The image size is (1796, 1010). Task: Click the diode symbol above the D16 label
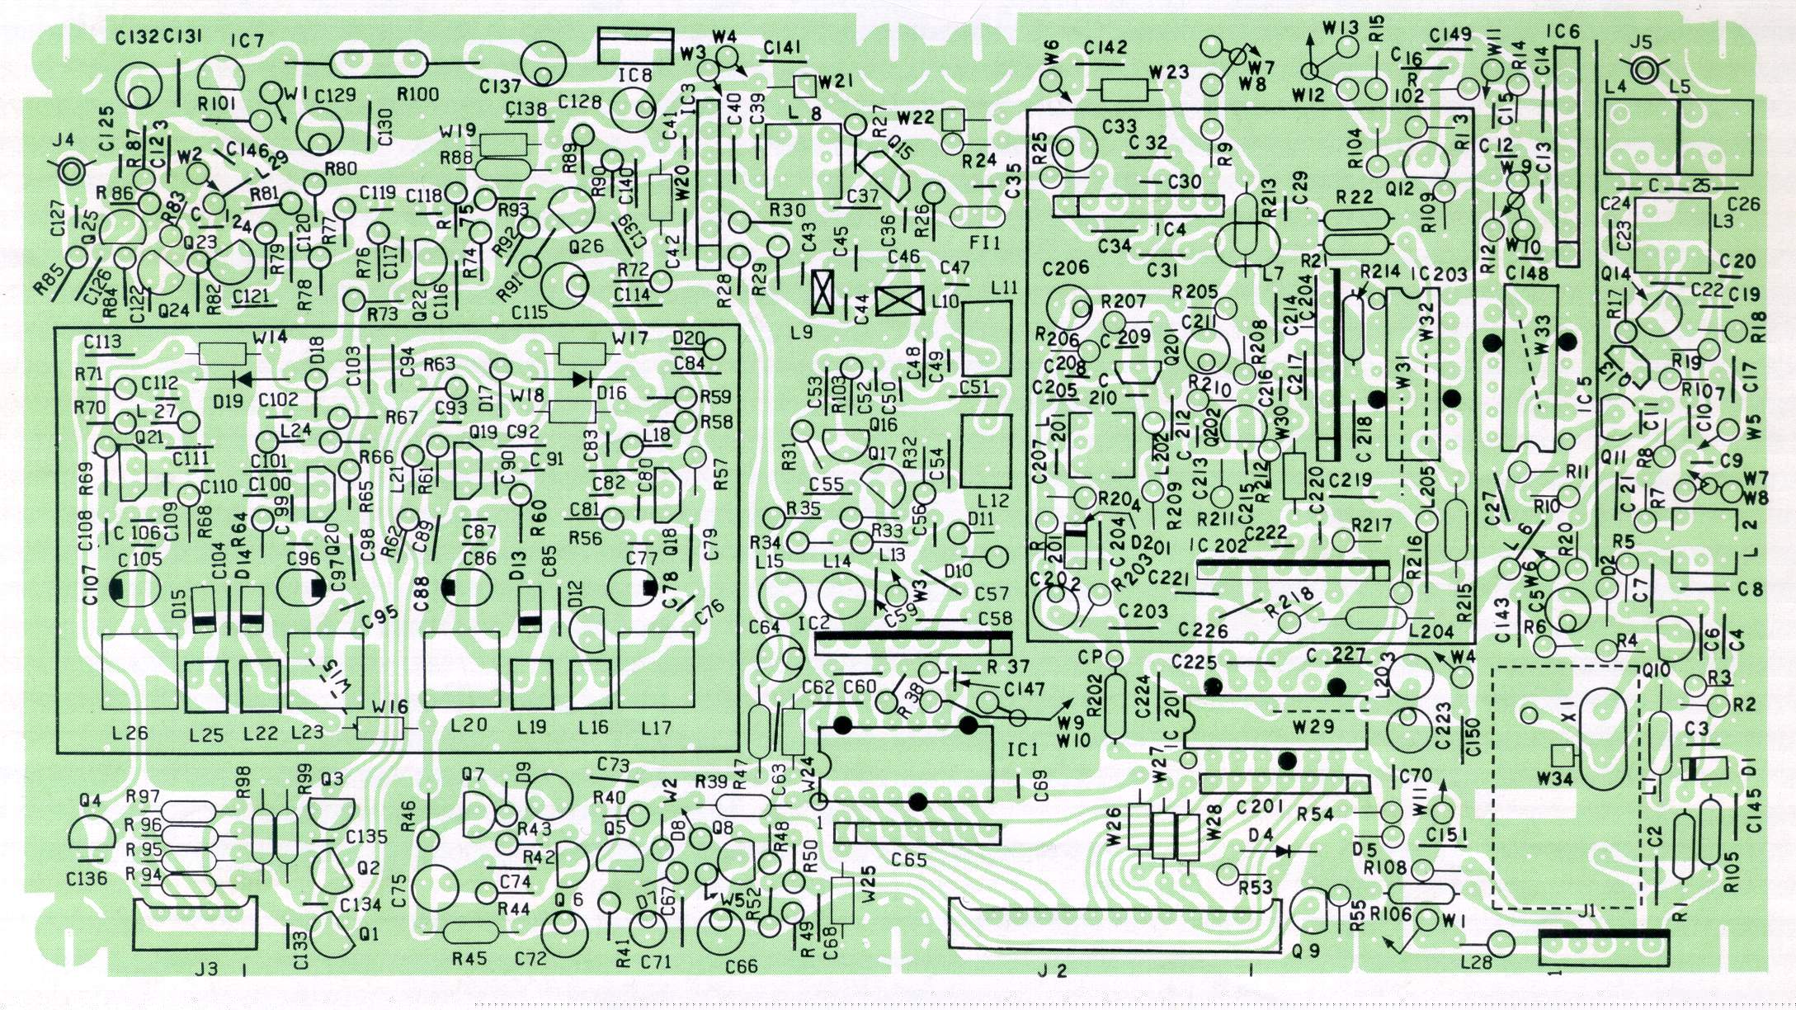(x=582, y=379)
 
